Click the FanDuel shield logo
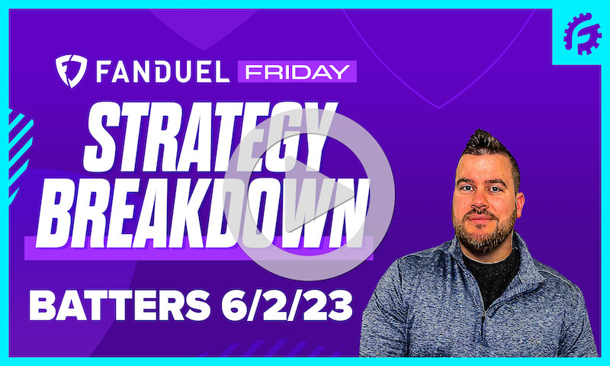point(71,71)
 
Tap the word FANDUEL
point(158,72)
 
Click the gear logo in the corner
point(581,34)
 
